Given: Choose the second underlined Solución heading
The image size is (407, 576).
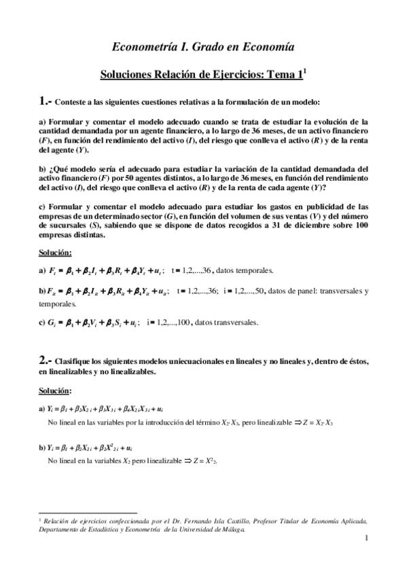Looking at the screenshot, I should coord(55,391).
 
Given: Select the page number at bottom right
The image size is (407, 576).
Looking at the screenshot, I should coord(366,540).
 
